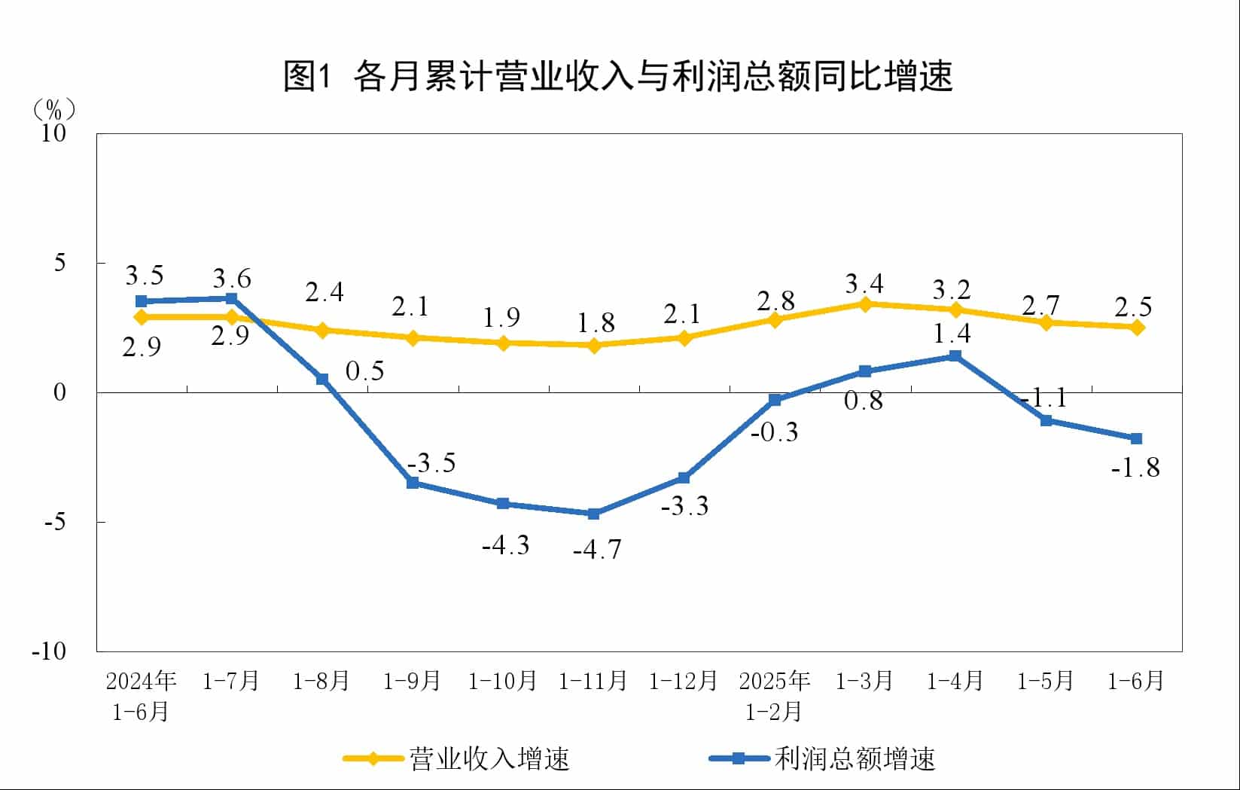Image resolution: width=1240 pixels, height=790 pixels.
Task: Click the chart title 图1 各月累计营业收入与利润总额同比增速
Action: click(617, 75)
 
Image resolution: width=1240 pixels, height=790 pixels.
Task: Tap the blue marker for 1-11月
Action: click(593, 514)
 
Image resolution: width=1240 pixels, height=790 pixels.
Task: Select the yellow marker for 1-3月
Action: click(865, 304)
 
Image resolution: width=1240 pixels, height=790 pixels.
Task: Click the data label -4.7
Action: click(597, 550)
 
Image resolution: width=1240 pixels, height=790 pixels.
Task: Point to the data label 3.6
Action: click(231, 279)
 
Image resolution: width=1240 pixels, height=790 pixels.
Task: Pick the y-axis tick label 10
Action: click(53, 133)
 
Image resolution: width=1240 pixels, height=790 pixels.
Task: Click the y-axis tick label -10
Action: click(49, 651)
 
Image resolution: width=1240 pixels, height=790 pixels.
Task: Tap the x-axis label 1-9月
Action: click(412, 681)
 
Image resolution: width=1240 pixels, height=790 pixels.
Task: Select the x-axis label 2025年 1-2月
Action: click(774, 696)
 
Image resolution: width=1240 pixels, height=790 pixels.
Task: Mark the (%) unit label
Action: click(53, 110)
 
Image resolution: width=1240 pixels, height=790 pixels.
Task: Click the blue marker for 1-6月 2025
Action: click(1136, 438)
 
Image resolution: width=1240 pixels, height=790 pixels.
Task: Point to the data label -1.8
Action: click(1135, 468)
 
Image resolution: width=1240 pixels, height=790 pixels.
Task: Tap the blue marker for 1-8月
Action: click(321, 379)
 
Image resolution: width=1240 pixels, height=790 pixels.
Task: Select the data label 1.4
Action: click(952, 333)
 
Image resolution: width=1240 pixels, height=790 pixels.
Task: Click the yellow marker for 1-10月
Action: click(503, 343)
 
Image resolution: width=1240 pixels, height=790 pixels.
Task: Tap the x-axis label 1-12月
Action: click(683, 681)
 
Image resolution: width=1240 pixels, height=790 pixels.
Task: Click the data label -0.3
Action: click(774, 432)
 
